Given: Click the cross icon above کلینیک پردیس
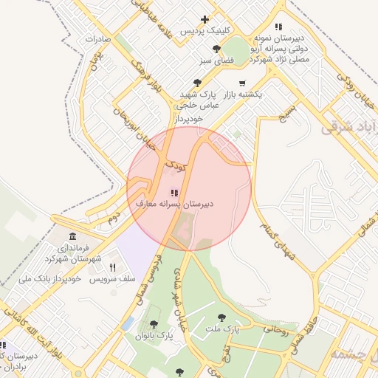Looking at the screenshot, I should pos(205,19).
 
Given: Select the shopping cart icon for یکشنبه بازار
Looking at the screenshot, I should pos(242,83).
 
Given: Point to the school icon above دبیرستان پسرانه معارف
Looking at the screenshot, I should pos(163,192).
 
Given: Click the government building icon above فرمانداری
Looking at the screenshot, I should pos(72,236).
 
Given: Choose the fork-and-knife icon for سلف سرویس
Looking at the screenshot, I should pos(112,267).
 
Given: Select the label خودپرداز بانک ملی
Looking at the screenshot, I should pos(45,279).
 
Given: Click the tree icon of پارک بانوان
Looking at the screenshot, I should pos(154,324).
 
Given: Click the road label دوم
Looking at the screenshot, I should pos(112,219).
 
